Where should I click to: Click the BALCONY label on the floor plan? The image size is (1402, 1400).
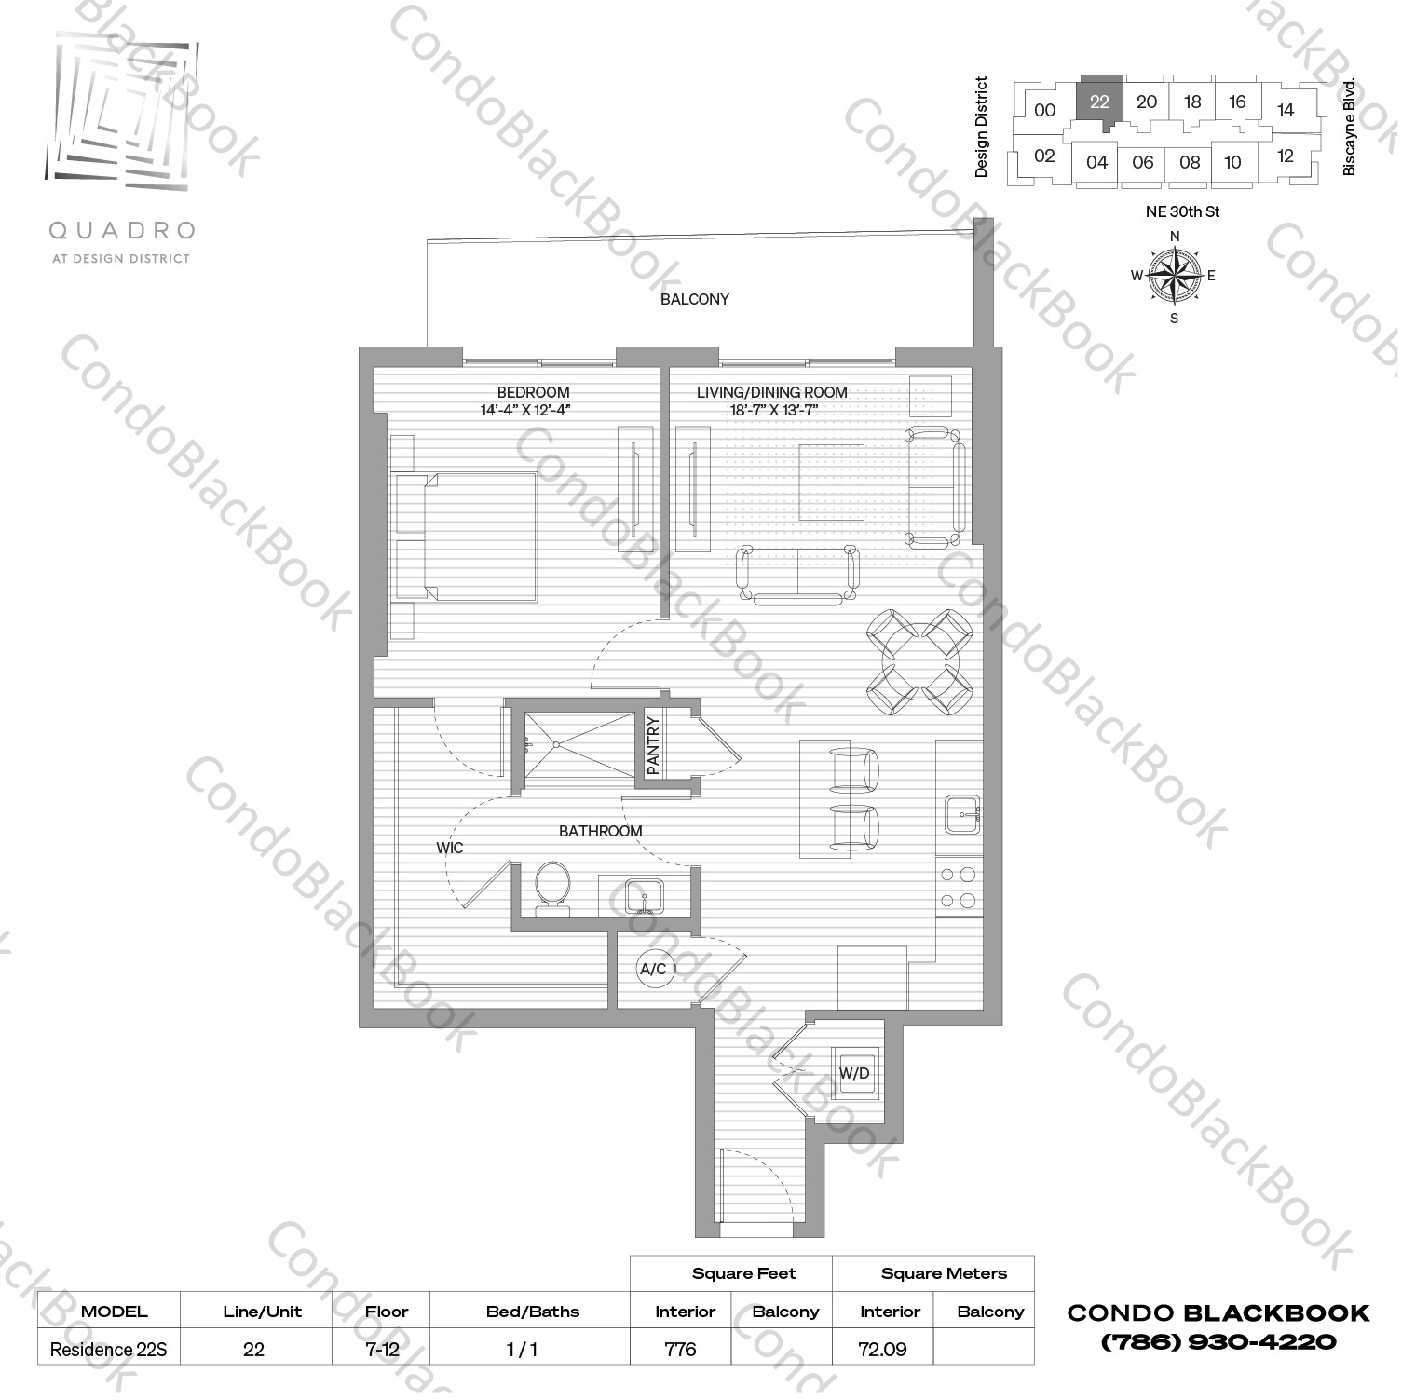coord(694,299)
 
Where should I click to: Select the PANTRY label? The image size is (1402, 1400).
coord(653,745)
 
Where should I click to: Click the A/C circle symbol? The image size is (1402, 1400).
coord(653,969)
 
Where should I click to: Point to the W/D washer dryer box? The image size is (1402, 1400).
coord(854,1073)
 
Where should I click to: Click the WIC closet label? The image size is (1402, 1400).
coord(449,848)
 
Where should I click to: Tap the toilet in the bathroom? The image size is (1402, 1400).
coord(553,889)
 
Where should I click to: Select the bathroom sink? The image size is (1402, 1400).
coord(644,897)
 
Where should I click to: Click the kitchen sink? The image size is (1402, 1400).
coord(960,814)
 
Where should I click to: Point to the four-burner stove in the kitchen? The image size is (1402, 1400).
coord(958,888)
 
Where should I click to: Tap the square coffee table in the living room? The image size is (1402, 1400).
coord(831,483)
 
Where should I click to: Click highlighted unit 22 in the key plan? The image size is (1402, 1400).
coord(1099,101)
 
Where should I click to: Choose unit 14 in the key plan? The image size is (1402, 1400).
coord(1286,110)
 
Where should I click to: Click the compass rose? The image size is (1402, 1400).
coord(1174,276)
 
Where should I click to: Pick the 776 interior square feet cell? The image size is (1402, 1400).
coord(681,1349)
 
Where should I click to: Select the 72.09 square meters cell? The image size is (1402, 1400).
coord(882,1349)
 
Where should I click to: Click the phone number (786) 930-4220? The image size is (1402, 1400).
coord(1218,1342)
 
